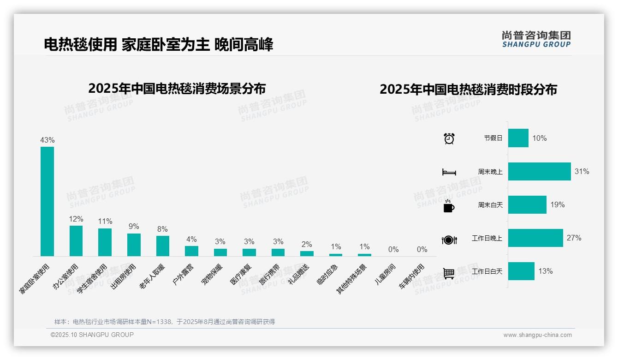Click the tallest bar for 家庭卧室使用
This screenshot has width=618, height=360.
[47, 201]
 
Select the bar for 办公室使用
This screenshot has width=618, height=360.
[76, 240]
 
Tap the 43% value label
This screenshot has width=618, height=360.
[48, 140]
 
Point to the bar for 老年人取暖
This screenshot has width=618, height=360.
[163, 246]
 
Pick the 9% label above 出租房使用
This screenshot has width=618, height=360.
[134, 226]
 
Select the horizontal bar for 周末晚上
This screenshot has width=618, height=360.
[539, 171]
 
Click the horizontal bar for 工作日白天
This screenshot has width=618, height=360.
[521, 271]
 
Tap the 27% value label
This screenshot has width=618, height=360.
[574, 238]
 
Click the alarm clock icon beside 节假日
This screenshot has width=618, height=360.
[449, 138]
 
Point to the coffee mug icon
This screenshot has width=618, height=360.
[449, 205]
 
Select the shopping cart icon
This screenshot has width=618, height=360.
[449, 273]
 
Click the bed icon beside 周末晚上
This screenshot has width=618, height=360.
[449, 172]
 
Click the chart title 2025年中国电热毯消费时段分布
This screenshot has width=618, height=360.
[468, 89]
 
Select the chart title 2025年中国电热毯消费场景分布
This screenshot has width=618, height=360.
[177, 88]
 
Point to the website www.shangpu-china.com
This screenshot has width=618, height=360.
[537, 335]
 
